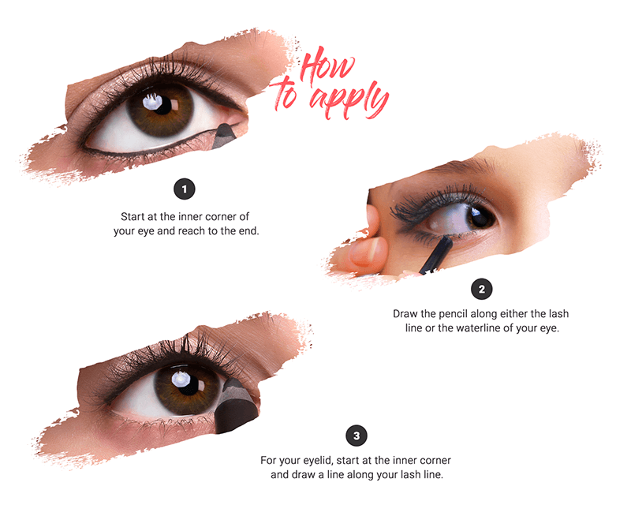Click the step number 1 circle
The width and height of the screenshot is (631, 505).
click(185, 189)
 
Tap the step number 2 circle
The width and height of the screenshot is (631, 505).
click(481, 289)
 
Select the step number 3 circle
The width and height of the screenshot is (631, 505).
click(357, 436)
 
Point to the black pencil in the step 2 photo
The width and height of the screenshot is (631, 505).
click(435, 255)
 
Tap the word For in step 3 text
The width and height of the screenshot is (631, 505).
click(267, 460)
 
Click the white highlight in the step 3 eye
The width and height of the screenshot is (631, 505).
click(179, 379)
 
